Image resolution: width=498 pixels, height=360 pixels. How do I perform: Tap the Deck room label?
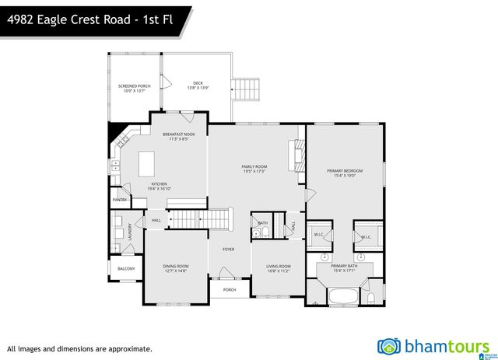[x=197, y=82]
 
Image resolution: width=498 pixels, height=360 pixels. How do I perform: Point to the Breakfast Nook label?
[x=178, y=134]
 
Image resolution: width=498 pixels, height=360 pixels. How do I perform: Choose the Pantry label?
[x=119, y=200]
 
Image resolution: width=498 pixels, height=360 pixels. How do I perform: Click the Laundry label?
[x=130, y=232]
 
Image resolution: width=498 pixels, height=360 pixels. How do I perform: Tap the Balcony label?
[x=125, y=269]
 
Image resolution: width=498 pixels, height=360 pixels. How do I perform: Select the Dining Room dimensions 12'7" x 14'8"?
[x=177, y=271]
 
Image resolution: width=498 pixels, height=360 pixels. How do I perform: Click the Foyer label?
[x=228, y=250]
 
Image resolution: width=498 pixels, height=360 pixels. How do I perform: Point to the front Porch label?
[x=230, y=290]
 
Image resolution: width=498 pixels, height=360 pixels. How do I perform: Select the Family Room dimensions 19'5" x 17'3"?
[x=254, y=171]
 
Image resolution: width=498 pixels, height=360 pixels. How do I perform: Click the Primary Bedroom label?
[x=345, y=170]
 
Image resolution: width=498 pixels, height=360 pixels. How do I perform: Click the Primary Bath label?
[x=343, y=266]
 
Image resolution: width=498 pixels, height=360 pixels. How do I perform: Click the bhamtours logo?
[x=433, y=345]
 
